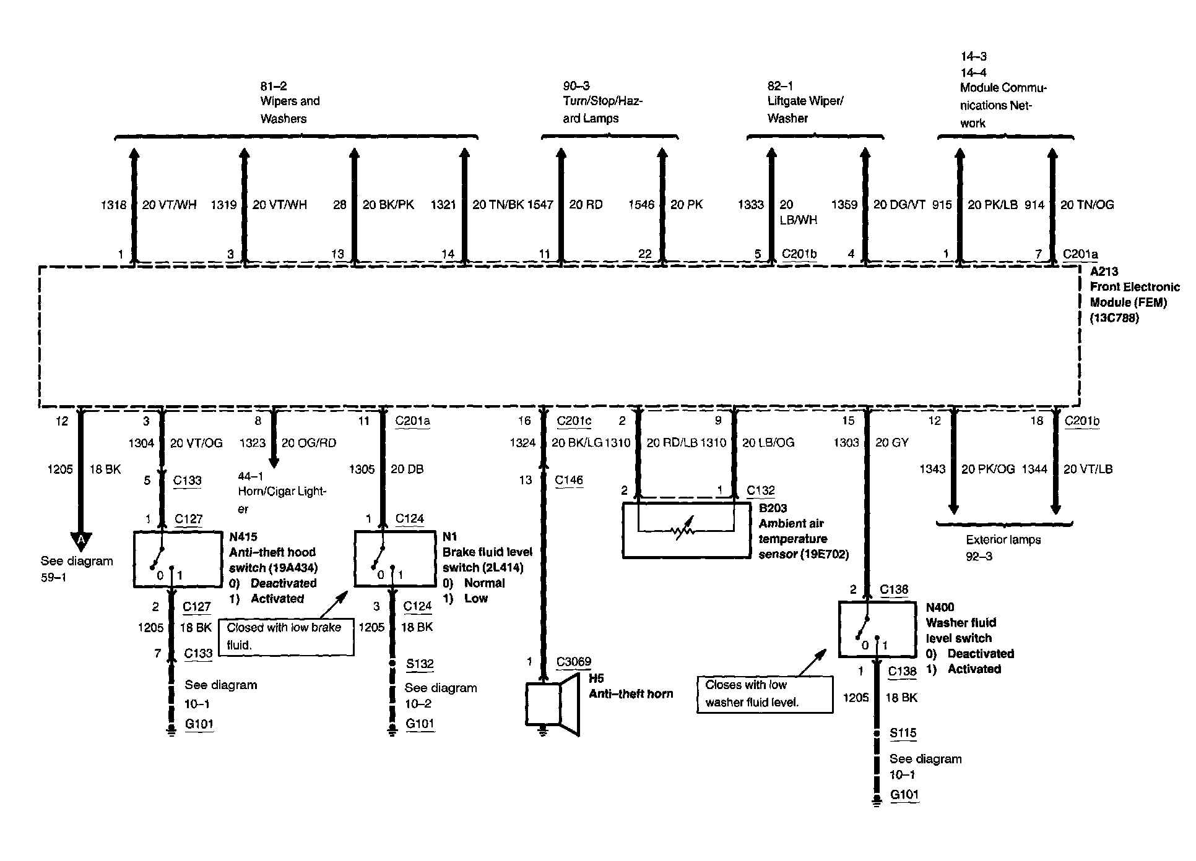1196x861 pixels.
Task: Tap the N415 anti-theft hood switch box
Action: [x=178, y=559]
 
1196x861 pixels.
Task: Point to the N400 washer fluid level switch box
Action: [x=877, y=629]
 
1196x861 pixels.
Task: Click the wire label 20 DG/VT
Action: [x=899, y=205]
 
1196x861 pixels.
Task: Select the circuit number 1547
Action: [x=540, y=205]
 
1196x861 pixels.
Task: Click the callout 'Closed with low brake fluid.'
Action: [x=285, y=636]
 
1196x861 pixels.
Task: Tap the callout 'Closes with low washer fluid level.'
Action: [x=764, y=694]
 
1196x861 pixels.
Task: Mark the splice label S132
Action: [x=420, y=664]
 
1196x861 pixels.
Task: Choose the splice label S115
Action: [x=903, y=733]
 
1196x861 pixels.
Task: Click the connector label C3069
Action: [x=573, y=662]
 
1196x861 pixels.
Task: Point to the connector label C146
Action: [x=568, y=480]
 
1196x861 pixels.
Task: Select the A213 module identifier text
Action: [x=1104, y=272]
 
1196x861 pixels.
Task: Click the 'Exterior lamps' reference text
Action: [x=1003, y=540]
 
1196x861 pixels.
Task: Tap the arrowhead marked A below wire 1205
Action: [x=80, y=541]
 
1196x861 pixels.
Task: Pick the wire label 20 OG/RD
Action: [x=309, y=443]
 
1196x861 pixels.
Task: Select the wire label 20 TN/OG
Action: [x=1087, y=205]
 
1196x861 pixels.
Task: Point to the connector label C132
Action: [x=760, y=490]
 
